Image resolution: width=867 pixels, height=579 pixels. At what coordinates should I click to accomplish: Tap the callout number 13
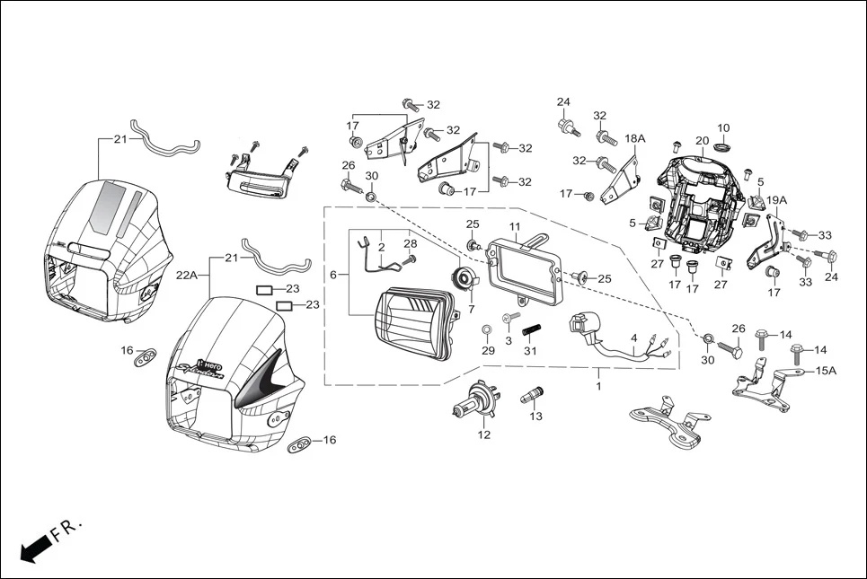click(536, 417)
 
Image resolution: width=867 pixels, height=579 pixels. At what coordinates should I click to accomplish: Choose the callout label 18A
click(635, 139)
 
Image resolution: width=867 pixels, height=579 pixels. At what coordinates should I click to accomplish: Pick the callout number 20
click(702, 141)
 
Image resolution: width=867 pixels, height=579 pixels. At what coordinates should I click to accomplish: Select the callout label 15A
click(825, 371)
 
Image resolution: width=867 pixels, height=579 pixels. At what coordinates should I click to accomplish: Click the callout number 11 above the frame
click(515, 226)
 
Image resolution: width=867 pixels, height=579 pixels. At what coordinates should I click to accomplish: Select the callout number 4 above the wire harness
click(634, 338)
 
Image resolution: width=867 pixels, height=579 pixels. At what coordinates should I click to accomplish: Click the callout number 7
click(471, 309)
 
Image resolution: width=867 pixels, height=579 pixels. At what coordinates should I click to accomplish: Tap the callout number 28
click(410, 244)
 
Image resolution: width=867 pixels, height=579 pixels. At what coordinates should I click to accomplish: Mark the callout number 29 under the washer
click(488, 351)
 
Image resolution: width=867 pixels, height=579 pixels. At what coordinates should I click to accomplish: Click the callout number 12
click(484, 435)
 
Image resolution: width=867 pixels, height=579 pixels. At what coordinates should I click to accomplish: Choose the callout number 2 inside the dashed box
click(381, 245)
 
